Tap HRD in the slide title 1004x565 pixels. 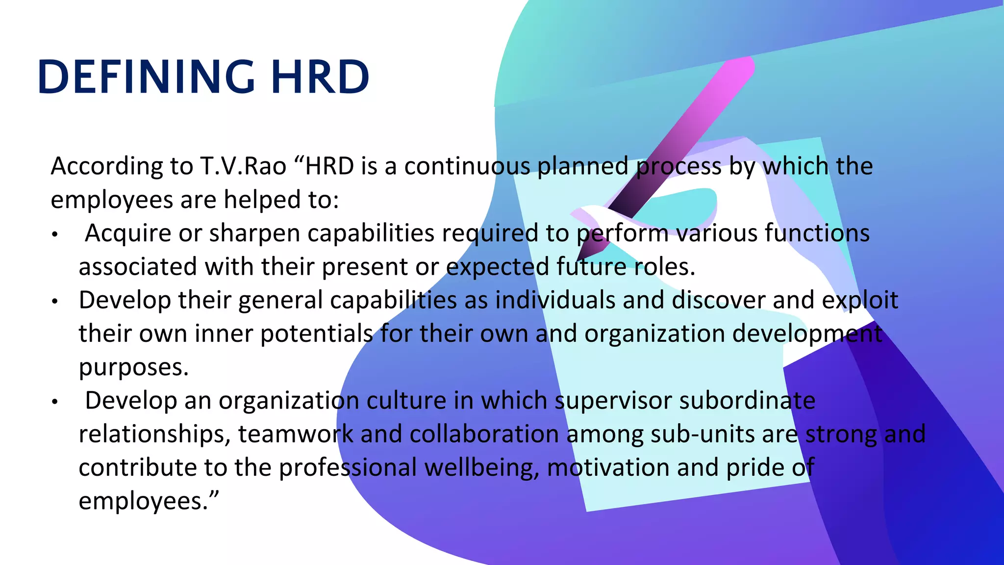(320, 77)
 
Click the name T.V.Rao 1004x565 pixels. (243, 166)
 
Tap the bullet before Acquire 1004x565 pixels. (55, 235)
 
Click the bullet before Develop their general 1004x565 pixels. (55, 302)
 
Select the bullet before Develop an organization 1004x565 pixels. (55, 402)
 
